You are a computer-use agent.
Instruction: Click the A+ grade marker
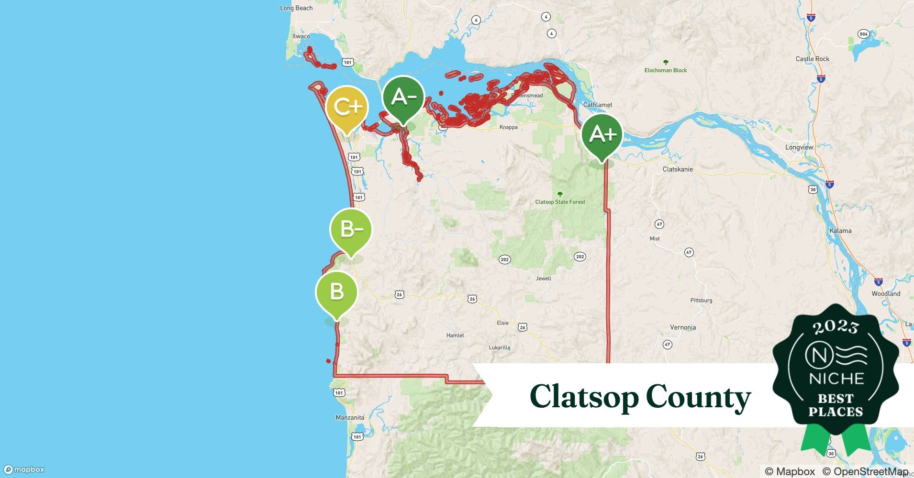602,135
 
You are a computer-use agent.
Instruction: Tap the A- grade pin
403,98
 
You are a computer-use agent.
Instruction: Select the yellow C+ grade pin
347,107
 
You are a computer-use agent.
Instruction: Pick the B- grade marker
351,230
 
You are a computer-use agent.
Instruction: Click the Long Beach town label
296,8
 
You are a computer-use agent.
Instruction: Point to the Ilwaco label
301,36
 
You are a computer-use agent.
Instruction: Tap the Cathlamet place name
597,105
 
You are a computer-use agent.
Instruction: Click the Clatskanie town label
678,169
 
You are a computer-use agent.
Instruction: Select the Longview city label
799,147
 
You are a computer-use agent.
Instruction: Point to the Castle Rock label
812,59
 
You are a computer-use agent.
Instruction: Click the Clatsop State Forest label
560,202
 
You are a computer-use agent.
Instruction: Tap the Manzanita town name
350,417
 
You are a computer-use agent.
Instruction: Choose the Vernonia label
683,327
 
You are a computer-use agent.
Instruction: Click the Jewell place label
543,278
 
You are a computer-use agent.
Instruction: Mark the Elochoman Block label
665,70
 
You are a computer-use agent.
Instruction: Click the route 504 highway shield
863,34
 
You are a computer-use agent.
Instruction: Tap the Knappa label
508,127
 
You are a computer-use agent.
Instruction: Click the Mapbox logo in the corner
24,469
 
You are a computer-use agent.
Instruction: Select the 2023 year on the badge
836,327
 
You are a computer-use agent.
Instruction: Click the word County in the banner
698,397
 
